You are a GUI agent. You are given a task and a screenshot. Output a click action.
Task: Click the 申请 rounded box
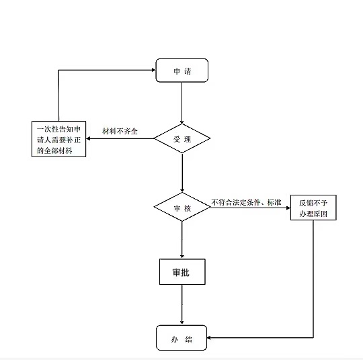coord(182,71)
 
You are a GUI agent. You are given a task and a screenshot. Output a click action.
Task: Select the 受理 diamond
coord(182,138)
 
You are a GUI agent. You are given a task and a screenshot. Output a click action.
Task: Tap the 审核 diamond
coord(182,207)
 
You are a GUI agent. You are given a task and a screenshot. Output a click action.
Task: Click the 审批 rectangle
coord(182,271)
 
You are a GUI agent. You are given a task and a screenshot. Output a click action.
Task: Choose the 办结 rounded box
coord(182,338)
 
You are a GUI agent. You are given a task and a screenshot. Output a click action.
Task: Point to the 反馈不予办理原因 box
coord(313,208)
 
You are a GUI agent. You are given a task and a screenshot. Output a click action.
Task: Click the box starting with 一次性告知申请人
coord(58,139)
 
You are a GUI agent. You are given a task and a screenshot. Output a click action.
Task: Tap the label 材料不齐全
coord(120,131)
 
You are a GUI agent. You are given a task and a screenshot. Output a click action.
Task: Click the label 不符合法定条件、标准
coord(246,202)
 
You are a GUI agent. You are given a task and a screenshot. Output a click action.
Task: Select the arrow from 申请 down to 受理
coord(182,103)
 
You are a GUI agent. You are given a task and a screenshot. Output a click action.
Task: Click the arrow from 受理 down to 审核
coord(182,173)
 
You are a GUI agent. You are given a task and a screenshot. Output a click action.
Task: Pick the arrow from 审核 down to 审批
coord(182,240)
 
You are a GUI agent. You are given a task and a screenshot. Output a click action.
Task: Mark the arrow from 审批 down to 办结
coord(182,304)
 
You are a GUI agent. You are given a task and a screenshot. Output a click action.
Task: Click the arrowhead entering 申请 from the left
coord(154,70)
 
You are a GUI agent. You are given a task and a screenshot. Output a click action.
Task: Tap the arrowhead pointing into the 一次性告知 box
coord(88,139)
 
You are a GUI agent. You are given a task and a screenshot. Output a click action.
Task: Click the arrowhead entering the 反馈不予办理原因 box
coord(288,208)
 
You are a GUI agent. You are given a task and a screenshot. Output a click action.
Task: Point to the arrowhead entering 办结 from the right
coord(209,338)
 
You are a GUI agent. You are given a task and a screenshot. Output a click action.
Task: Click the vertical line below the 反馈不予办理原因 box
coord(313,279)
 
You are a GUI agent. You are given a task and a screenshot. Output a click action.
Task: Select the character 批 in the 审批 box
coord(186,272)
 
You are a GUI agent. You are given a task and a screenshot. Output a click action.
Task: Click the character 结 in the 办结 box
coord(189,339)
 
